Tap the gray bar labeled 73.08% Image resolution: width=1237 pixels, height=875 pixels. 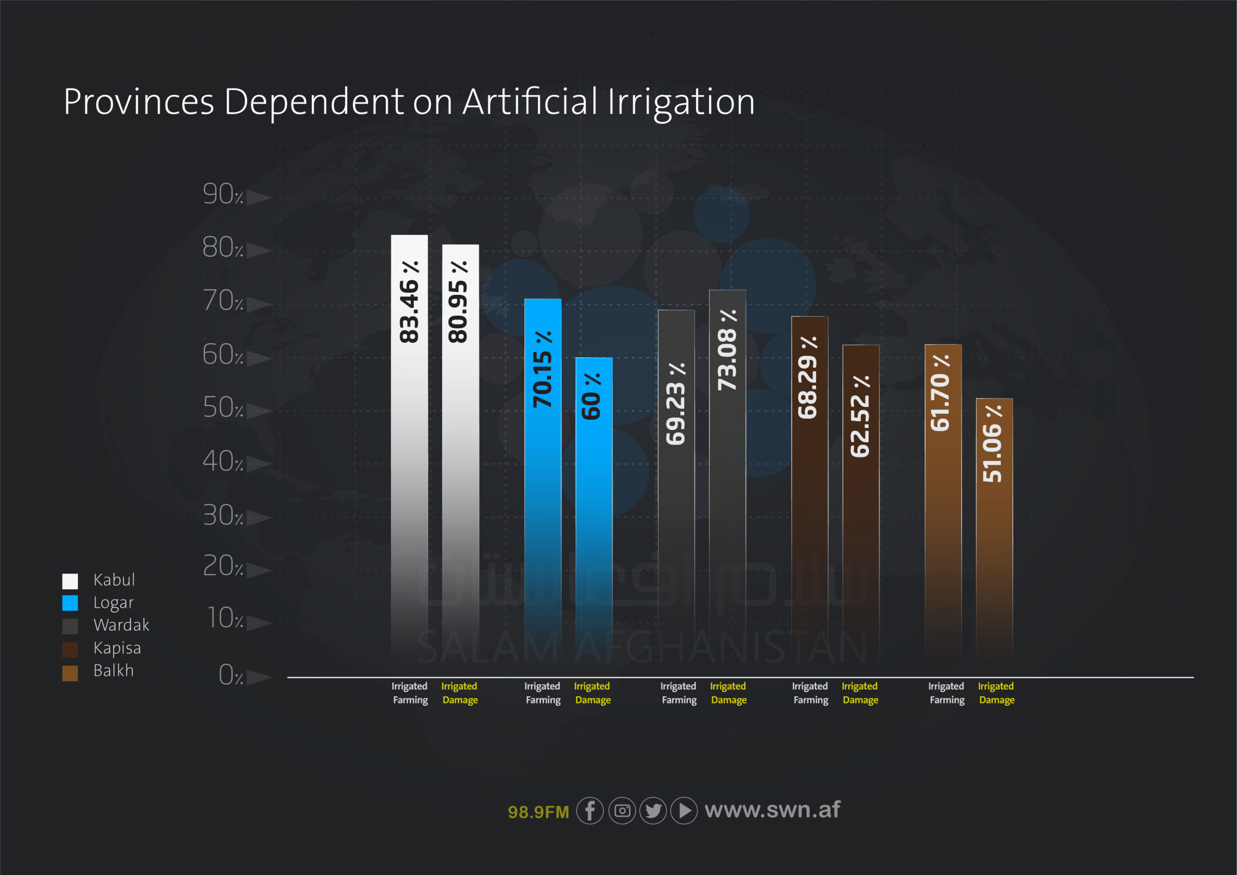pos(727,474)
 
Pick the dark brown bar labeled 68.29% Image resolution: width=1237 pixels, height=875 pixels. pos(809,485)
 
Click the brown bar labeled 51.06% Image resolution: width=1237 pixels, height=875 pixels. pos(994,528)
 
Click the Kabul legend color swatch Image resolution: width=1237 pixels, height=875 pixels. pos(70,581)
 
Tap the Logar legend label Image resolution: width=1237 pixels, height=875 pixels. pos(113,602)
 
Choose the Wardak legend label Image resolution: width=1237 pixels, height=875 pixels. pos(121,625)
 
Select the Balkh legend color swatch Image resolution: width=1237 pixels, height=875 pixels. pos(70,672)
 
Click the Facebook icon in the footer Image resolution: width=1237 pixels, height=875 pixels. pos(590,810)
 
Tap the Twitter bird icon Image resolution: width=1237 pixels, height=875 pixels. pos(653,810)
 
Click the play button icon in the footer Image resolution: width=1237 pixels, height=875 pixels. pos(684,810)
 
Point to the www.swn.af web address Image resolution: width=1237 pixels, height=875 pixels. pos(772,810)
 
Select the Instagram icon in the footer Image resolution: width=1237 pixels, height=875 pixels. pos(622,810)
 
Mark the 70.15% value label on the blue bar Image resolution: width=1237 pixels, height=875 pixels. pos(543,369)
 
